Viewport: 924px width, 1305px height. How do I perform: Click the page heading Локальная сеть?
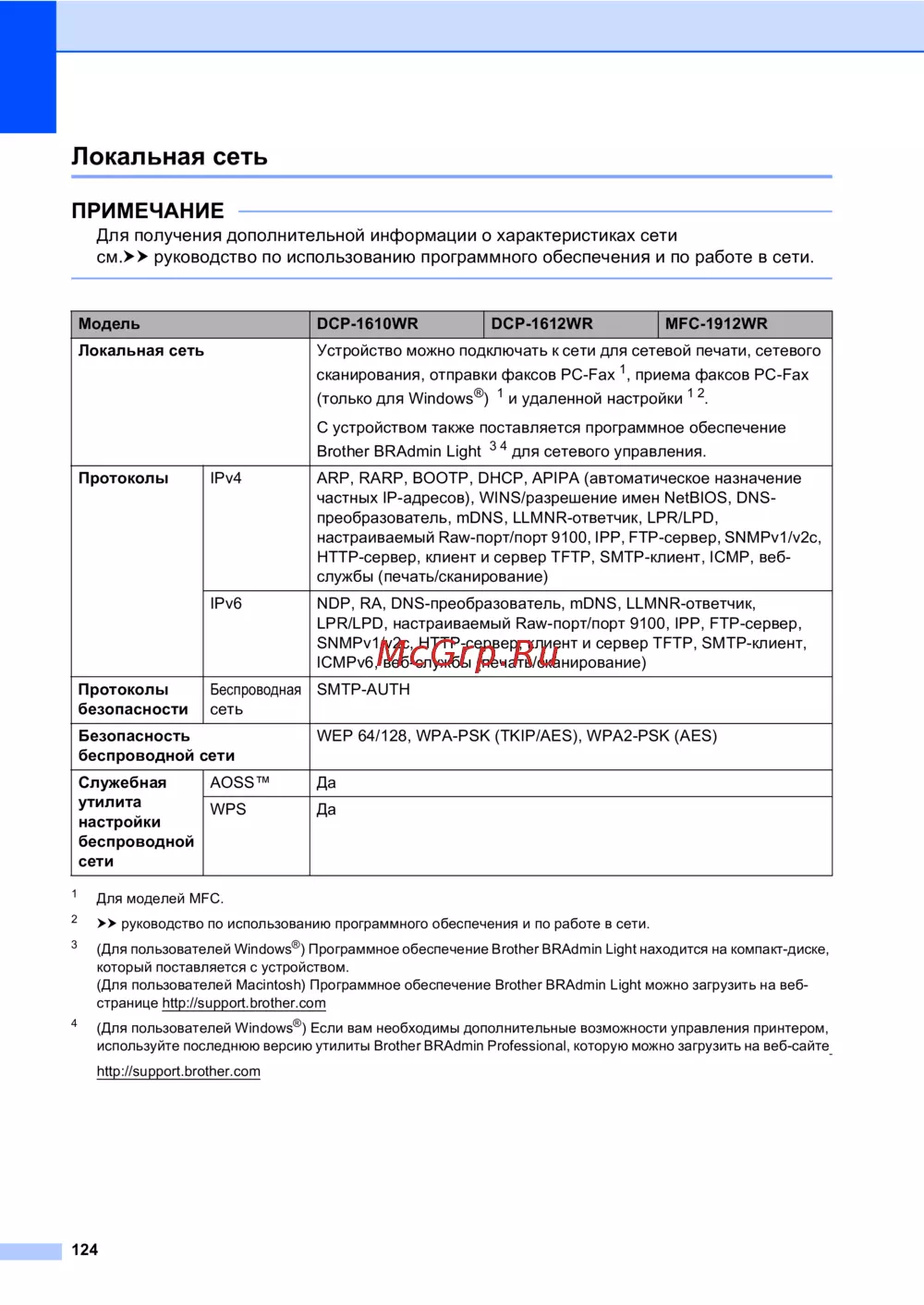pos(169,156)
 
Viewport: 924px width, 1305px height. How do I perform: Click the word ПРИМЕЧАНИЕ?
pos(148,211)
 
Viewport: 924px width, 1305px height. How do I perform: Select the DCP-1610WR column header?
pos(367,324)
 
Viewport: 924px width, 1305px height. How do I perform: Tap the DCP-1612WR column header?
pos(541,324)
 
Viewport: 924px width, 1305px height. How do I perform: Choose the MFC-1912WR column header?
pos(716,324)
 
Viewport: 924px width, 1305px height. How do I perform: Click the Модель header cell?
pos(109,324)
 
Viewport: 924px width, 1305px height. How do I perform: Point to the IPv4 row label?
pos(225,478)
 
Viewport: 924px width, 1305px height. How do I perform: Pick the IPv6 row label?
pos(225,604)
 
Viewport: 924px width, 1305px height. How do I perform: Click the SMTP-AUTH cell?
pos(363,690)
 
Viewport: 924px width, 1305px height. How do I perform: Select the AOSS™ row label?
pos(239,782)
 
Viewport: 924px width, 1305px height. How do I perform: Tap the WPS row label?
pos(227,809)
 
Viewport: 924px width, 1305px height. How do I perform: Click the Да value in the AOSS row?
pos(326,783)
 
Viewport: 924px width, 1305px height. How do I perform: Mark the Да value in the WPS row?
pos(326,810)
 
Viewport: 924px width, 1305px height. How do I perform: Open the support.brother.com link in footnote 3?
pos(244,1003)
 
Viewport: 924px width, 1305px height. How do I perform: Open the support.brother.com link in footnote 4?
pos(178,1071)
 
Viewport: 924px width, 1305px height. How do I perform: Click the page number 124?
pos(84,1250)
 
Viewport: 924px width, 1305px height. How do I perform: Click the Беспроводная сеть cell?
pos(255,700)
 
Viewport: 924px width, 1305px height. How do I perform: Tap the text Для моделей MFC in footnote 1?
pos(160,899)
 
